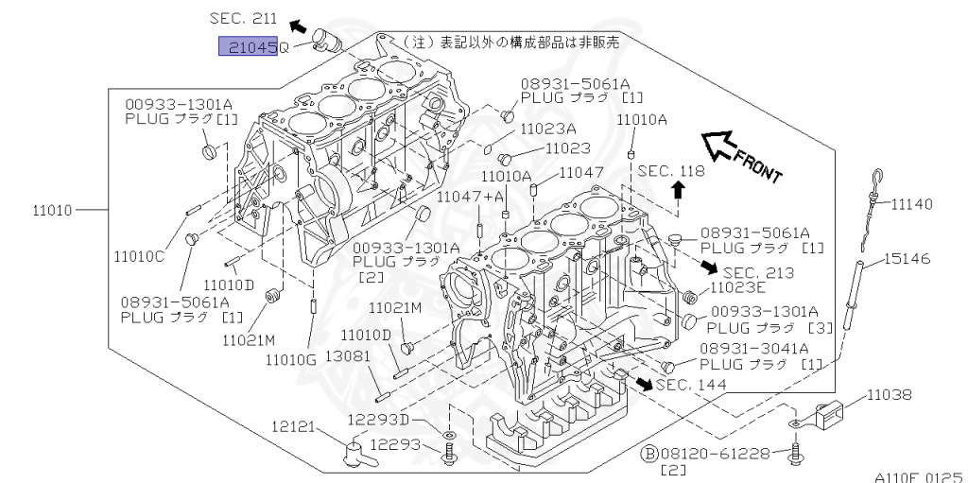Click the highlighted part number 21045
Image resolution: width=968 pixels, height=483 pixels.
(x=248, y=46)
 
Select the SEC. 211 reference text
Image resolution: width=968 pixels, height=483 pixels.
(x=244, y=17)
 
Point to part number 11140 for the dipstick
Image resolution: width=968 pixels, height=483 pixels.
(x=911, y=203)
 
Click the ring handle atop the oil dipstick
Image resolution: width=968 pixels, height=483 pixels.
(x=877, y=177)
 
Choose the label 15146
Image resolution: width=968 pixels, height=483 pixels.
(x=907, y=257)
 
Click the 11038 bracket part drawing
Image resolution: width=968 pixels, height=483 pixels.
(x=832, y=413)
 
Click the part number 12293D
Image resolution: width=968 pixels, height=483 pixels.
(x=378, y=420)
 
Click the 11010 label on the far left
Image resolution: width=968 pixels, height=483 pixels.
(x=52, y=209)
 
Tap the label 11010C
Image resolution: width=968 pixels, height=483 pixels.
(x=139, y=255)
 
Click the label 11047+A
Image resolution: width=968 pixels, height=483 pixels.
(x=470, y=196)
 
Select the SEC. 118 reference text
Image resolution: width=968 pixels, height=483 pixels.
(x=670, y=171)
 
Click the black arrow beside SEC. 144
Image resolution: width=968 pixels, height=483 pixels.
(x=643, y=383)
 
